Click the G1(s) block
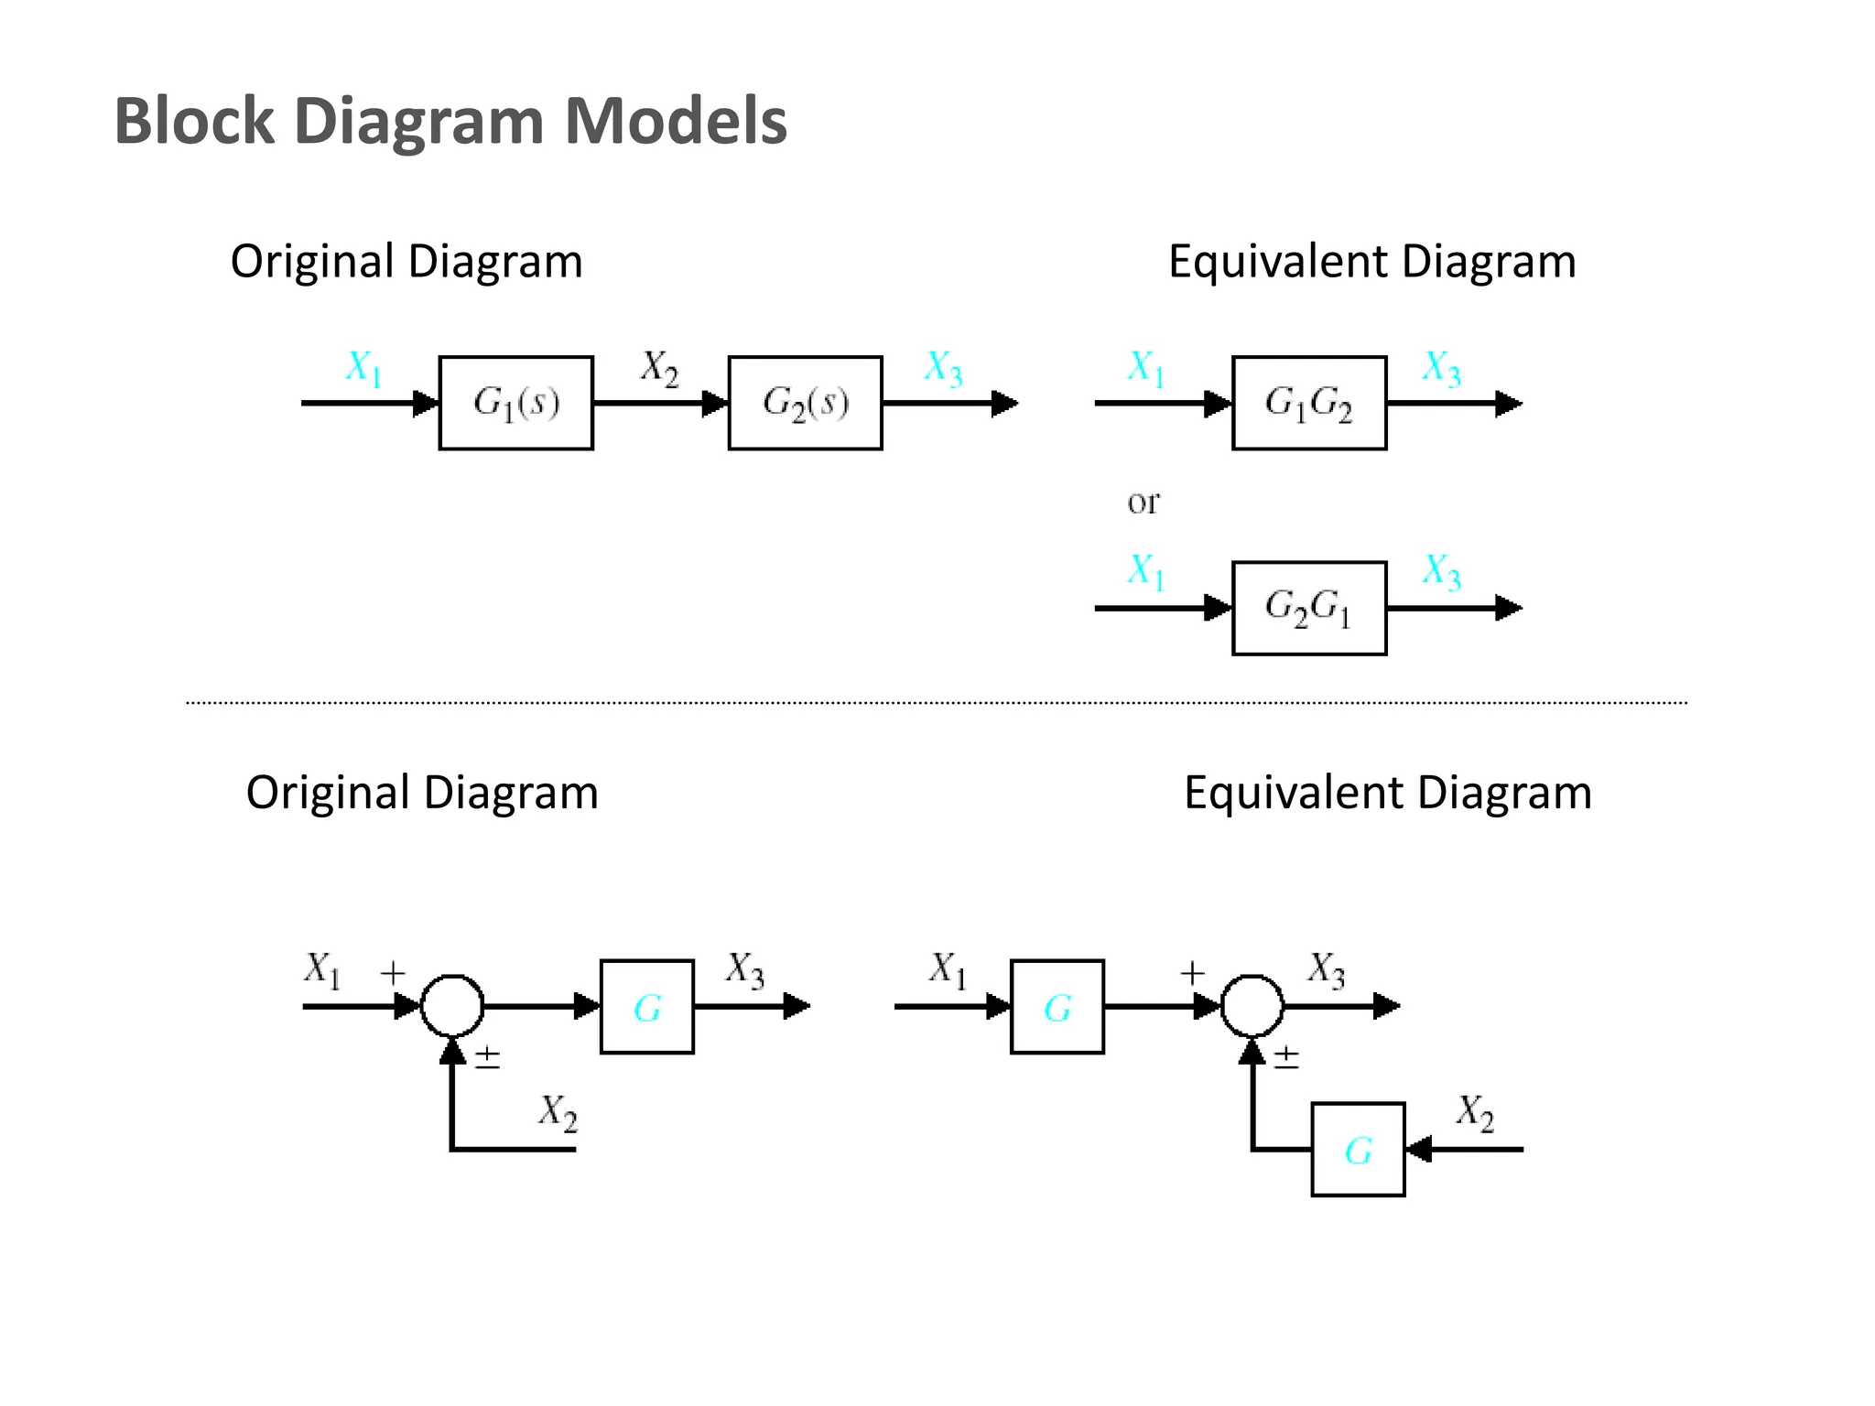(x=515, y=403)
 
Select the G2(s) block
(x=805, y=403)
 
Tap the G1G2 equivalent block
(x=1308, y=403)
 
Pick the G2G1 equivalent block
(x=1308, y=608)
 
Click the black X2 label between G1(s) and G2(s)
(x=659, y=368)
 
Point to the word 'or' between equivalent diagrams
(x=1143, y=502)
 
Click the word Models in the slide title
(x=676, y=121)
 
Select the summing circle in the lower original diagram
(x=451, y=1006)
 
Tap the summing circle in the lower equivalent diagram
(x=1252, y=1006)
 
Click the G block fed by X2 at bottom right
(x=1357, y=1150)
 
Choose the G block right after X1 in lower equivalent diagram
(x=1057, y=1007)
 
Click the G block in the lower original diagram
(x=646, y=1007)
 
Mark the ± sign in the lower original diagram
(x=487, y=1058)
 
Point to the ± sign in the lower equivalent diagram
(x=1286, y=1058)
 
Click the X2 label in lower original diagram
(x=558, y=1112)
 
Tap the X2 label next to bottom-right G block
(x=1474, y=1112)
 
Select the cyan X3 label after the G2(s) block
(x=943, y=368)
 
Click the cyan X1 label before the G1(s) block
(x=363, y=368)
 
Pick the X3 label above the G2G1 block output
(x=1441, y=571)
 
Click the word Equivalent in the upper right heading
(x=1278, y=262)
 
